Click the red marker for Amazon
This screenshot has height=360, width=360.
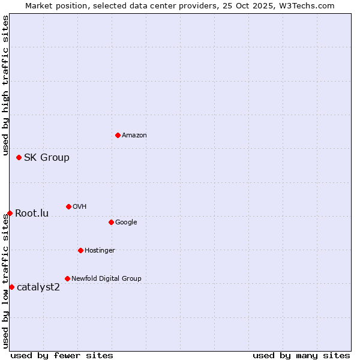point(118,135)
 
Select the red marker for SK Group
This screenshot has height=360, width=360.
point(19,157)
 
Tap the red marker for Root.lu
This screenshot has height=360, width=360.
point(10,213)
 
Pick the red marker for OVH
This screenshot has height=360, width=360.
point(68,206)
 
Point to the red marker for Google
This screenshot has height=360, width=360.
point(111,222)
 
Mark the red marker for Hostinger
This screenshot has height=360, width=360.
point(80,250)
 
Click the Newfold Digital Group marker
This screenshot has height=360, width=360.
point(67,278)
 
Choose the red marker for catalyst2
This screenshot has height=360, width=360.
point(11,287)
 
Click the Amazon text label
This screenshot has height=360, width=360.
point(134,135)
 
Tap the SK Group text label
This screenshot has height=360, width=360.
point(46,158)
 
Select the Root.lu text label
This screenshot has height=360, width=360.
point(32,214)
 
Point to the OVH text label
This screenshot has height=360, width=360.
point(79,206)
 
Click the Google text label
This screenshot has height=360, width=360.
point(126,222)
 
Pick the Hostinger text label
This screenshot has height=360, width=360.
point(100,250)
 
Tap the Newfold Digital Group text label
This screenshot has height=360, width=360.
point(106,278)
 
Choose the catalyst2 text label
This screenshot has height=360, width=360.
point(38,287)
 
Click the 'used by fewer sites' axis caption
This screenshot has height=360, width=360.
point(62,355)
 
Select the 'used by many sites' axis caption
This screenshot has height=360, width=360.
point(301,355)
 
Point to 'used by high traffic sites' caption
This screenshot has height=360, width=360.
point(5,86)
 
